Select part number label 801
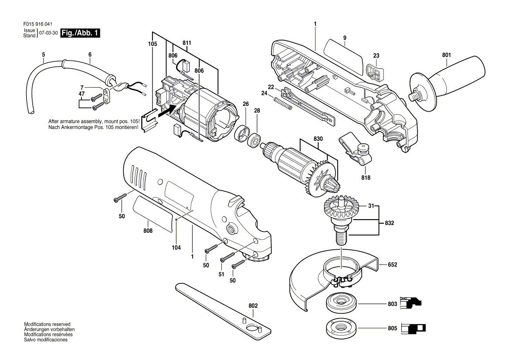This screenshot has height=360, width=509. point(446,55)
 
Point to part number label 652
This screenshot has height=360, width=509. point(392,265)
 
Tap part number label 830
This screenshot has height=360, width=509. point(319,139)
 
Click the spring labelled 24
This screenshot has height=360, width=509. point(285,105)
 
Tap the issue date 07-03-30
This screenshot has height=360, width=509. point(48,33)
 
